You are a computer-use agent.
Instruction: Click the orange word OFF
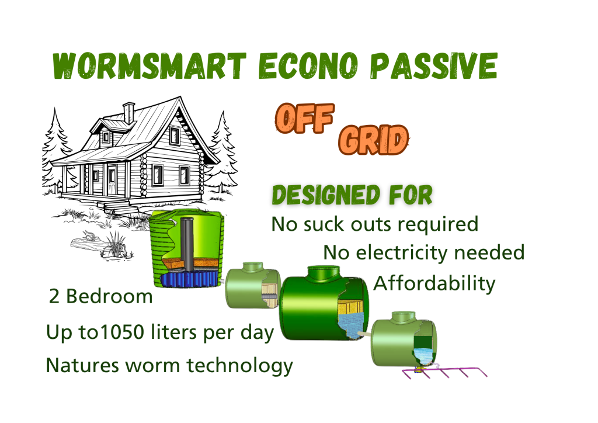[x=305, y=118]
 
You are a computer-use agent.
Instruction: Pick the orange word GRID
[x=373, y=140]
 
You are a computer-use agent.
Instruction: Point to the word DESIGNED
[x=326, y=195]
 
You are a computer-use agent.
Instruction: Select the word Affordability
[x=434, y=284]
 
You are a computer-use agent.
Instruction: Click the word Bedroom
[x=109, y=296]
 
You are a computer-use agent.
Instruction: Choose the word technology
[x=239, y=365]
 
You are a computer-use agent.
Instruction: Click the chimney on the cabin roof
[x=128, y=113]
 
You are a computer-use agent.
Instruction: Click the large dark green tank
[x=324, y=303]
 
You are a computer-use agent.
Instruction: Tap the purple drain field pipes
[x=445, y=372]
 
